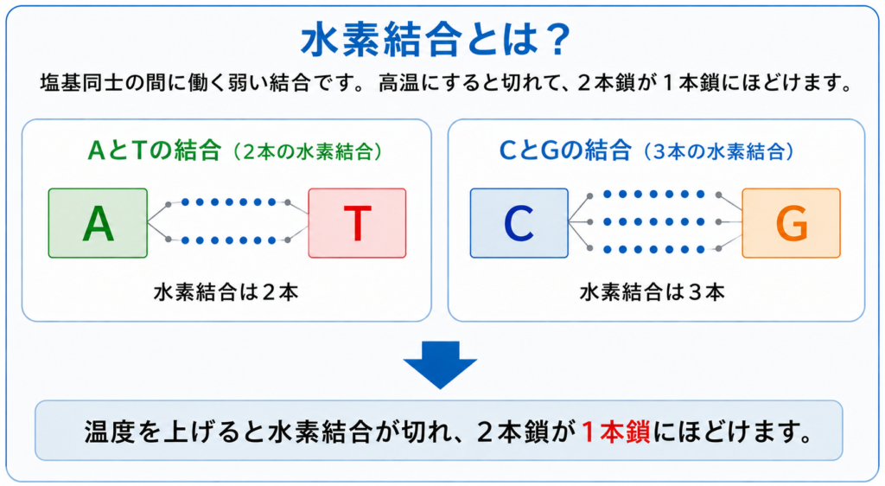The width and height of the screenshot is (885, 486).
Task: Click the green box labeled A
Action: pos(98,223)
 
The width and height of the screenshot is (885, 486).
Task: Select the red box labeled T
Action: pos(357,223)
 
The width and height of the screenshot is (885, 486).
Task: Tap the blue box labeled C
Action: pos(519,223)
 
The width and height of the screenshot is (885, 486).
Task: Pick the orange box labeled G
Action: pos(792,223)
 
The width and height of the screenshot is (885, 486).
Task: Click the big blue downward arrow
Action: pos(440,365)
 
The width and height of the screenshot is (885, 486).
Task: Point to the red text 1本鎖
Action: pos(615,432)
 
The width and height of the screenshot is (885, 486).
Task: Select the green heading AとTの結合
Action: pos(154,150)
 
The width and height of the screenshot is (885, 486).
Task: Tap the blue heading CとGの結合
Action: pos(565,150)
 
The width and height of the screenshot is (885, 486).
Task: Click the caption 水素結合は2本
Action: pos(226,291)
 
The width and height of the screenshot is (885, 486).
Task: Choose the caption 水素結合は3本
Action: pos(652,291)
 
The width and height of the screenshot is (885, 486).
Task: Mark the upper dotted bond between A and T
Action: pos(228,202)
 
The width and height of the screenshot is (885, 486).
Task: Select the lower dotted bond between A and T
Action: pos(228,240)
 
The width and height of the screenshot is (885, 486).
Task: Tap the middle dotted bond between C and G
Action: pos(654,222)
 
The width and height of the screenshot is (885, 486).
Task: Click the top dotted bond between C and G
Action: pos(654,195)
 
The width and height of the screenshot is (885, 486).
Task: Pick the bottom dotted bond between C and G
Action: pos(654,249)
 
